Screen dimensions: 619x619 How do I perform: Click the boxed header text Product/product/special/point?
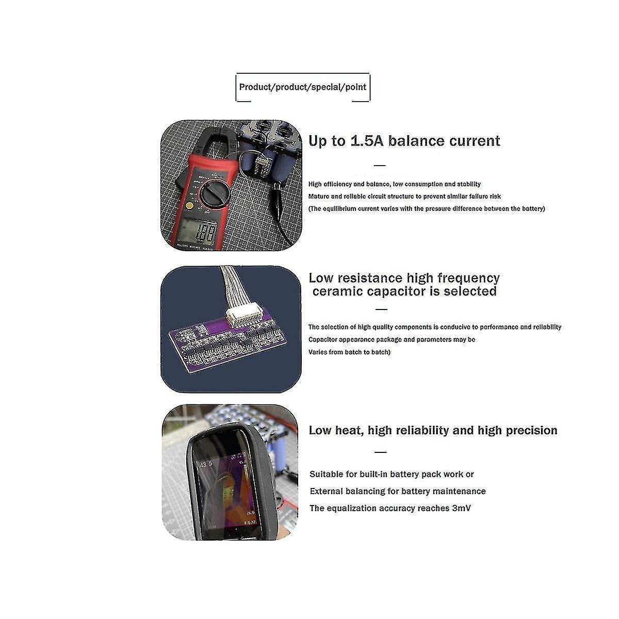[x=303, y=87]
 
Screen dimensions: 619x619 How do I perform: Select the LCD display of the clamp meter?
[x=198, y=230]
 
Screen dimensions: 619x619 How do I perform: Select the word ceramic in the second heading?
[x=338, y=291]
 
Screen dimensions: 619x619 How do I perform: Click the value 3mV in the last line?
[x=461, y=508]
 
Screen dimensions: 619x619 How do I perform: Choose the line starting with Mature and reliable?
[x=404, y=196]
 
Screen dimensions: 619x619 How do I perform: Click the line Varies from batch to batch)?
[x=349, y=352]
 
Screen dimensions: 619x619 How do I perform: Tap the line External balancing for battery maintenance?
[x=397, y=491]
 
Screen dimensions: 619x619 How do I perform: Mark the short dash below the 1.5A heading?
[x=380, y=166]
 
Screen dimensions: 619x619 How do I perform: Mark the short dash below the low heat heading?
[x=380, y=452]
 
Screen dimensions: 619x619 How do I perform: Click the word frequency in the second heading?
[x=468, y=279]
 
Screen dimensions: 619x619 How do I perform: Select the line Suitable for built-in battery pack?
[x=391, y=474]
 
